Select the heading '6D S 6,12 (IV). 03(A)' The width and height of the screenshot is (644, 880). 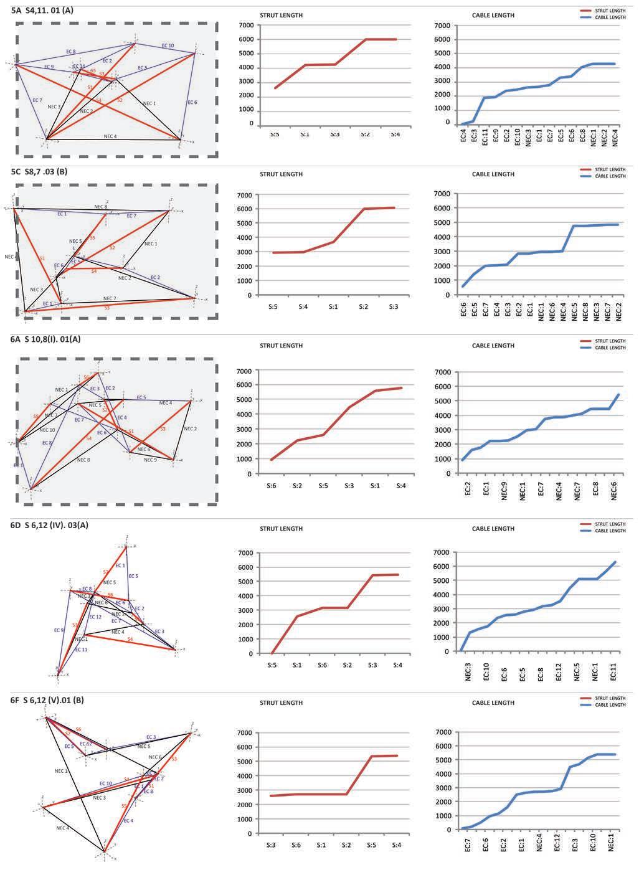tap(50, 525)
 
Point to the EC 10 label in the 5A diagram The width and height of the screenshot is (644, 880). tap(168, 45)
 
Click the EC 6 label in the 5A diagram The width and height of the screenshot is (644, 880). tap(192, 102)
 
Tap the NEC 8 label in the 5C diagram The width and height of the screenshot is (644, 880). tap(100, 206)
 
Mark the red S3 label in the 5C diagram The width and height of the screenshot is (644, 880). tap(107, 308)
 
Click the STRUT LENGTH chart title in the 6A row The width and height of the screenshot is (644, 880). tap(281, 345)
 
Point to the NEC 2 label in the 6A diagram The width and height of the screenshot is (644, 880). tap(190, 428)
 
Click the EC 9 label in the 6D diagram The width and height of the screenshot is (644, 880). tap(59, 630)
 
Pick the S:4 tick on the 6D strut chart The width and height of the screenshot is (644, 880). tap(397, 665)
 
